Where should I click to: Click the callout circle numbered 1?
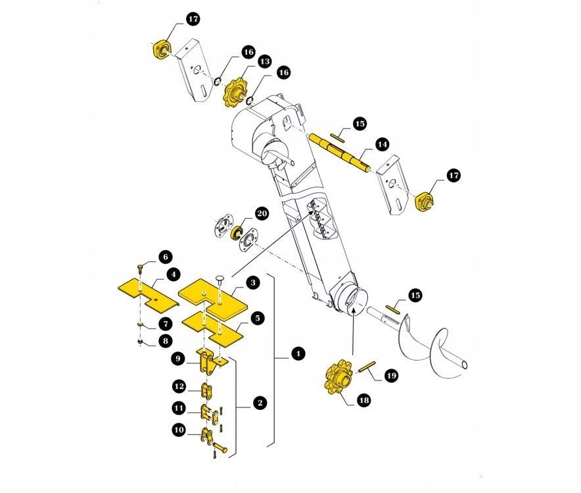[x=298, y=355]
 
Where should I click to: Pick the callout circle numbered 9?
[x=178, y=359]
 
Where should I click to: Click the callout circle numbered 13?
[x=264, y=61]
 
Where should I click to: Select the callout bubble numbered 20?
[x=262, y=213]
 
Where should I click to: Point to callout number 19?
[x=391, y=376]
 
